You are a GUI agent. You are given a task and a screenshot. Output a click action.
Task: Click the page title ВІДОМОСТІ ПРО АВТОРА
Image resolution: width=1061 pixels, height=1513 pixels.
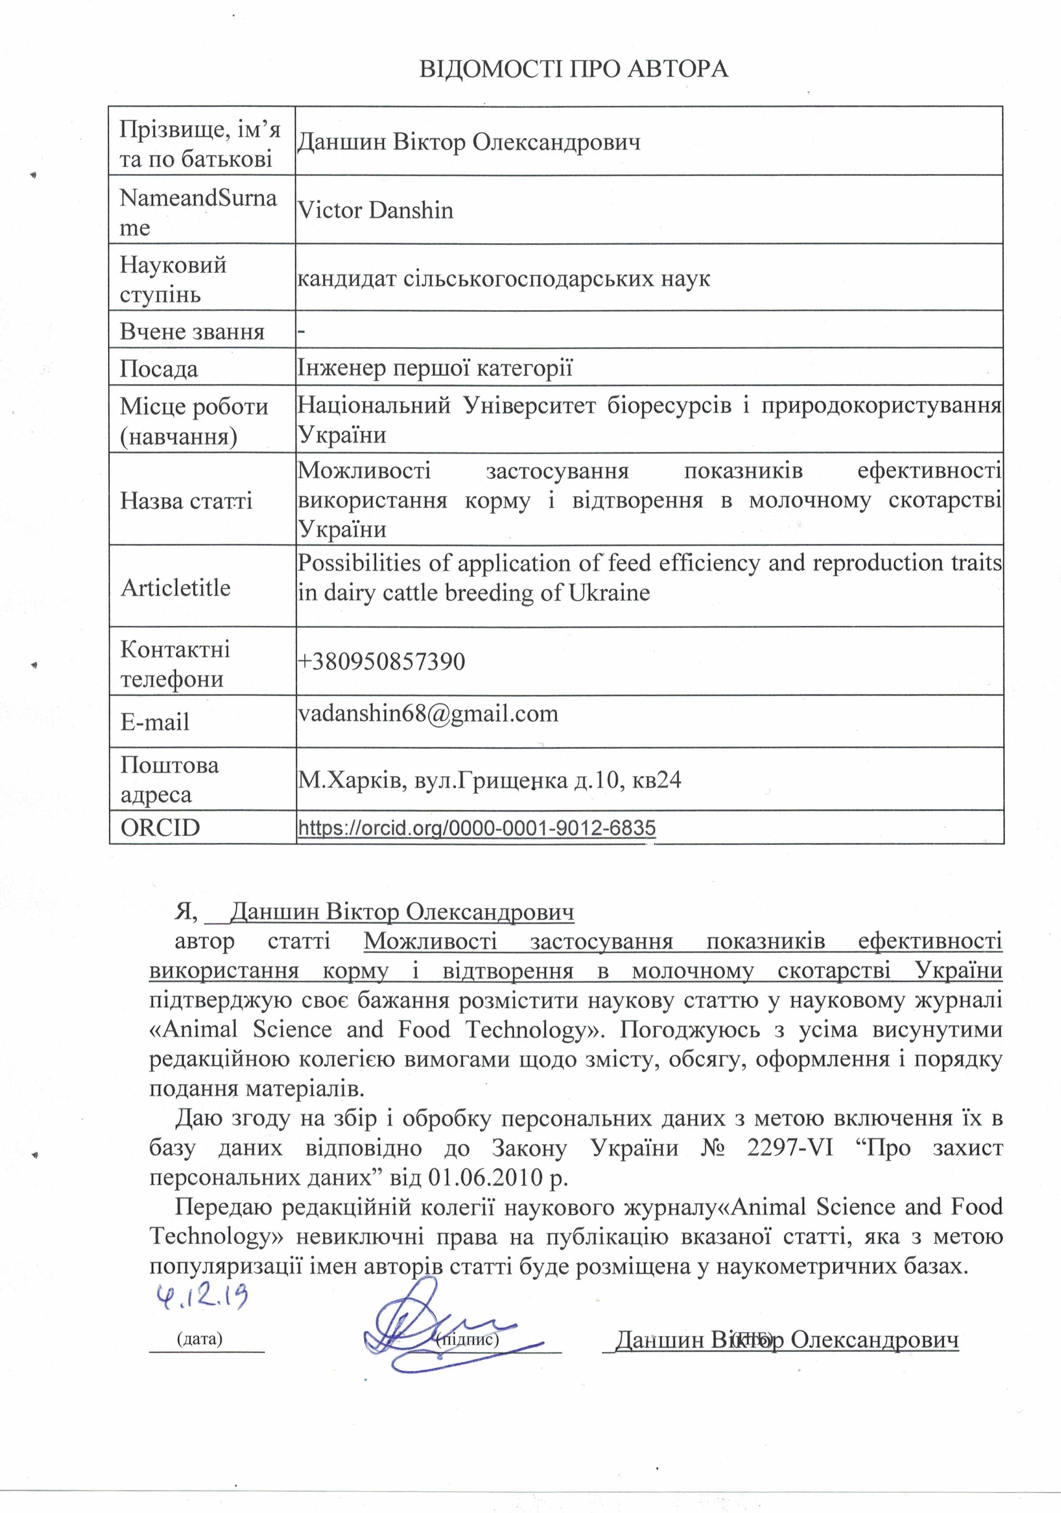(573, 69)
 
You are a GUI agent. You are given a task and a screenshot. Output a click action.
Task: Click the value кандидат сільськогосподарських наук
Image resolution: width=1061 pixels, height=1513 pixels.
(503, 279)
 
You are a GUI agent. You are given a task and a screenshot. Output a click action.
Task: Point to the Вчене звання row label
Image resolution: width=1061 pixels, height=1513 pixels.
(192, 331)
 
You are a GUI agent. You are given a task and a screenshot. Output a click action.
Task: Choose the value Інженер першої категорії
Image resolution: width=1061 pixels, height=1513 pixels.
(435, 368)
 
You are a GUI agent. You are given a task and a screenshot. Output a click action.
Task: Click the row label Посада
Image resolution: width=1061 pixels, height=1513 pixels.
(159, 369)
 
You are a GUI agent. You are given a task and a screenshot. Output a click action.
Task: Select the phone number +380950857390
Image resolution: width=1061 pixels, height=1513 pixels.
(381, 661)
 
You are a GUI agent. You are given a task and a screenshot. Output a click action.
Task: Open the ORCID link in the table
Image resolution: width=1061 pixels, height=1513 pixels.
(477, 828)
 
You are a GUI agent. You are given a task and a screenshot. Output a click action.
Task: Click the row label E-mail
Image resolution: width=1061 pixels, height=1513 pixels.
(155, 722)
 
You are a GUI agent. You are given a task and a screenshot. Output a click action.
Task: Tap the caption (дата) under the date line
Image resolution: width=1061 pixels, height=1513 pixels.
(200, 1339)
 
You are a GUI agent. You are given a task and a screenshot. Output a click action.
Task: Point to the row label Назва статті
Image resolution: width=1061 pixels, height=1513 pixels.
(186, 501)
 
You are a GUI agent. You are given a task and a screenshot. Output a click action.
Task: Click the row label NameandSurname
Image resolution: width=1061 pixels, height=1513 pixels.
(198, 211)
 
